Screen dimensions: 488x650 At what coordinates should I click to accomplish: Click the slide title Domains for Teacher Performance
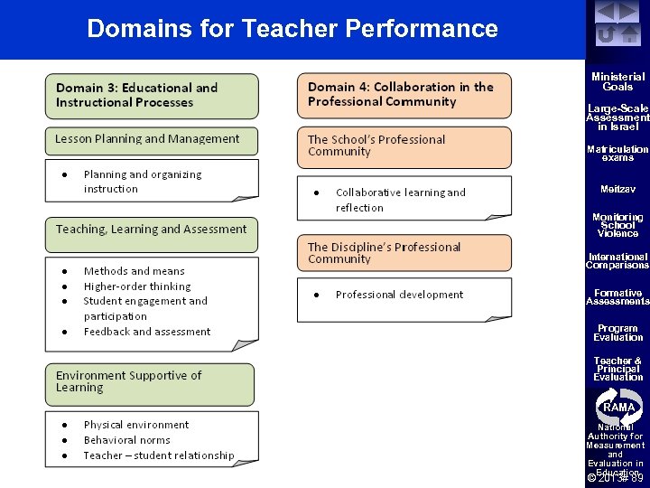[292, 28]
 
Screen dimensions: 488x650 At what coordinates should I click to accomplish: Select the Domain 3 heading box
[152, 96]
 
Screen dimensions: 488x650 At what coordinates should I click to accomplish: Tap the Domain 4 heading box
[404, 95]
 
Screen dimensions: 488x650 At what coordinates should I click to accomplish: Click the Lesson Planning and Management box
[151, 140]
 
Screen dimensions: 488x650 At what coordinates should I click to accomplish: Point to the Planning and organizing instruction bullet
[142, 182]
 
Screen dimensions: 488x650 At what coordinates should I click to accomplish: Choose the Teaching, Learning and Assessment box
[151, 230]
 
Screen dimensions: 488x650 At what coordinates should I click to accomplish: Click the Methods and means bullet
[134, 271]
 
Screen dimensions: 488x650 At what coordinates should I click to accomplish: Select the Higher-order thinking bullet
[137, 286]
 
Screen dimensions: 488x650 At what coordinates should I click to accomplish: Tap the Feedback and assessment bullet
[146, 332]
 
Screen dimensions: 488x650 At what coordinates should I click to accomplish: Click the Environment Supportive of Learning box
[150, 382]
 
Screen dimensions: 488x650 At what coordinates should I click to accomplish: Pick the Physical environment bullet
[135, 425]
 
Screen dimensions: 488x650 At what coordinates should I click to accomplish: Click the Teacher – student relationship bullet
[158, 455]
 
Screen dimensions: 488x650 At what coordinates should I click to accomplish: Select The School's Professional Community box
[404, 146]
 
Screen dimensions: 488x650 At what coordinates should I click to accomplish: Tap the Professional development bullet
[399, 295]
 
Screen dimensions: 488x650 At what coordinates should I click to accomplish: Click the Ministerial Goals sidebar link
[617, 82]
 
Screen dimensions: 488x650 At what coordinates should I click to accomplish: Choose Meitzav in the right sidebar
[617, 189]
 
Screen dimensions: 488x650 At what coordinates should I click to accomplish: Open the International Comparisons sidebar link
[617, 261]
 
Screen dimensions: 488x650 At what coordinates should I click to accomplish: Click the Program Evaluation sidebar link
[617, 333]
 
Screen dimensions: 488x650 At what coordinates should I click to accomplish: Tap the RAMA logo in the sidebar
[618, 407]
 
